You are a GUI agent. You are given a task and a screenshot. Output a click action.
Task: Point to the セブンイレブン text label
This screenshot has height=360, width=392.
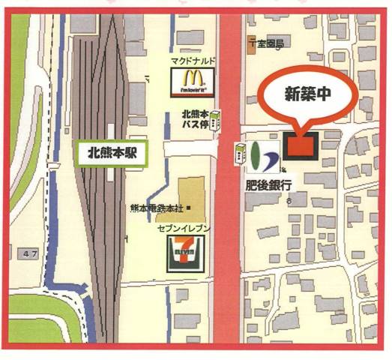point(183,226)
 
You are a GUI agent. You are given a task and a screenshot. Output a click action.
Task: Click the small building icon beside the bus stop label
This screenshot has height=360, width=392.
point(217,120)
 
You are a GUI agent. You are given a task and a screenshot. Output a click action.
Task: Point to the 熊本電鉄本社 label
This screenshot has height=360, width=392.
point(160,207)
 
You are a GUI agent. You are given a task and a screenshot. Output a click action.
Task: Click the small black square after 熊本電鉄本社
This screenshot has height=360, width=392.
point(190,207)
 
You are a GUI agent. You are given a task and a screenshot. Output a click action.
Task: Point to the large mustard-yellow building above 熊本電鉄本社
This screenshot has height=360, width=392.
point(194,190)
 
